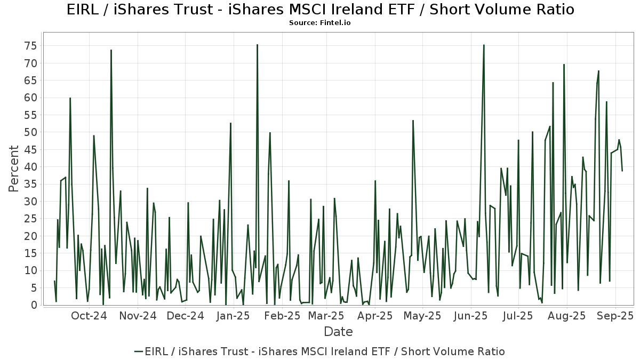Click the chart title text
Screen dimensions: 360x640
point(320,10)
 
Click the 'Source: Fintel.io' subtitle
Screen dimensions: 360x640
point(319,23)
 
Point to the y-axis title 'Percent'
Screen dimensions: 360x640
point(14,169)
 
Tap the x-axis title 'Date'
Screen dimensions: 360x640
point(338,332)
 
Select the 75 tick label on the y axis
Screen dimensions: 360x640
point(29,46)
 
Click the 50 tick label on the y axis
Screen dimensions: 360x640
point(29,132)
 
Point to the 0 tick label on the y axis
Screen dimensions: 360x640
point(33,305)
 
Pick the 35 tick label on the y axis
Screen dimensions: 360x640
point(29,184)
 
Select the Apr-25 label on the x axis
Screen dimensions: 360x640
point(375,316)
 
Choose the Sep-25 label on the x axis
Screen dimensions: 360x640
point(615,316)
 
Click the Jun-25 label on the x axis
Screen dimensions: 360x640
point(471,316)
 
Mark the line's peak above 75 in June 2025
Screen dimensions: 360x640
point(484,45)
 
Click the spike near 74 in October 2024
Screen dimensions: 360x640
point(111,50)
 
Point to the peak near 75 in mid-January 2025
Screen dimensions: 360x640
point(257,45)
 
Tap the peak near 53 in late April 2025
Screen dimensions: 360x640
point(413,121)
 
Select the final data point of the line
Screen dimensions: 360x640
point(622,171)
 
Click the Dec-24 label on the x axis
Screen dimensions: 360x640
point(185,316)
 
